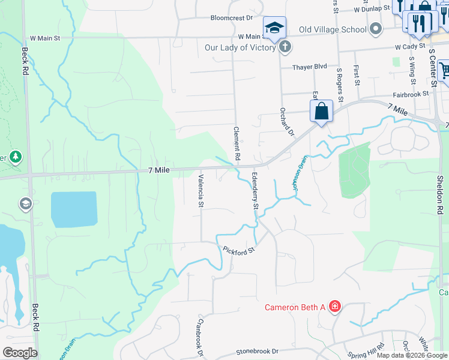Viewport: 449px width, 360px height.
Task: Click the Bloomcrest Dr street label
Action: click(232, 17)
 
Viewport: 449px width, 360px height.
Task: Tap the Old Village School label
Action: click(333, 29)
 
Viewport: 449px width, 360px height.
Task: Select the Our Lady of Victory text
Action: click(240, 47)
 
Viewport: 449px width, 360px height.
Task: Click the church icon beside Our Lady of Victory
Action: click(285, 47)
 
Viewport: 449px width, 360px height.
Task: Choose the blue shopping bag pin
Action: click(321, 112)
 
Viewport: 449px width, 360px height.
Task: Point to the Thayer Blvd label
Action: click(310, 67)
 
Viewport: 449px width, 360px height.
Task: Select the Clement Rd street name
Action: click(237, 143)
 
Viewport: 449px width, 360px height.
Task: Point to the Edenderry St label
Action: click(255, 191)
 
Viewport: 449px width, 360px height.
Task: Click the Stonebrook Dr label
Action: click(258, 351)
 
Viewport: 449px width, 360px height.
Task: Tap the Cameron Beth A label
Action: click(295, 308)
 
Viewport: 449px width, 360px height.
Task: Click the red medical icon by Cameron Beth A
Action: click(335, 308)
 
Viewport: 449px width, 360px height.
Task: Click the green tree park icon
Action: click(16, 157)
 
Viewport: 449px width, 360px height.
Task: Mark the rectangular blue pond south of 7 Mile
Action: click(74, 209)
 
